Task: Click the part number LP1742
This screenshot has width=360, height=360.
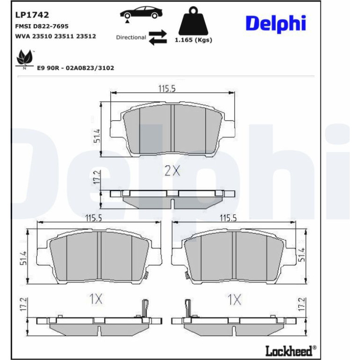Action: pos(32,14)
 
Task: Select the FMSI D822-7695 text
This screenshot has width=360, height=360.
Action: pos(42,26)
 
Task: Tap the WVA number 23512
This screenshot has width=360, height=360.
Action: pos(86,36)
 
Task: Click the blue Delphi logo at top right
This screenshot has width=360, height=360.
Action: pos(276,23)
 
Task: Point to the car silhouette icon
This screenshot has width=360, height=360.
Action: pos(141,13)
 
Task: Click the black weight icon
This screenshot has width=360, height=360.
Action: pos(193,21)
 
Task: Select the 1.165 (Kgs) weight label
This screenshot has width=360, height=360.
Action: pos(193,40)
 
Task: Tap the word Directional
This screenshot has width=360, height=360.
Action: pos(131,37)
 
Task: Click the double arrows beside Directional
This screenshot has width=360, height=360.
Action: pos(158,37)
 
